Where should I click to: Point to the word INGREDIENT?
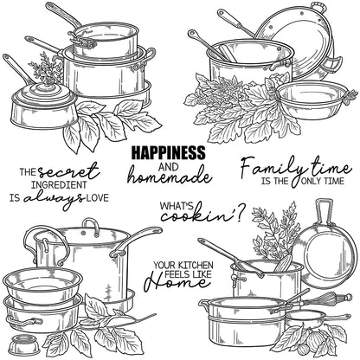click(x=61, y=183)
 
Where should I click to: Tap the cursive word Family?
click(x=268, y=165)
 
